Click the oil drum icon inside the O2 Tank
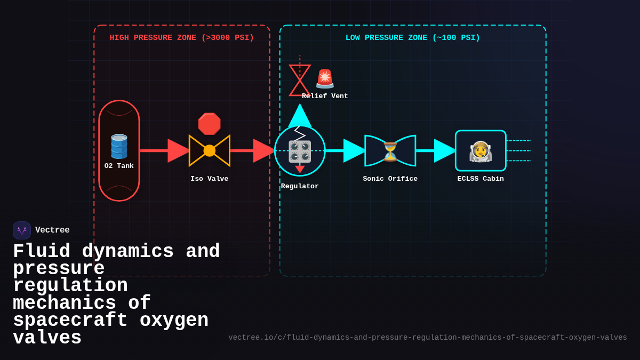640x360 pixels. click(x=119, y=146)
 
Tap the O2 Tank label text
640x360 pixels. click(x=119, y=166)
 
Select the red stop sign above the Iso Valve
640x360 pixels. click(x=209, y=124)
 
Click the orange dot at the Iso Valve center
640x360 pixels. click(x=210, y=150)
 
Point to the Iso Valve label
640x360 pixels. click(x=209, y=179)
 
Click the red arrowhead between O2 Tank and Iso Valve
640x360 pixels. click(x=178, y=150)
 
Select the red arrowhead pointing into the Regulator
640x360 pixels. click(x=263, y=150)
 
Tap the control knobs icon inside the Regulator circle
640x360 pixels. click(x=300, y=151)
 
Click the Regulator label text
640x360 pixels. click(x=300, y=186)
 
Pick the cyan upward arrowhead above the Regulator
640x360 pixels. click(x=300, y=116)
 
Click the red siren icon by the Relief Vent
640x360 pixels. click(x=325, y=78)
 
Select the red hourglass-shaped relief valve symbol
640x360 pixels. click(x=300, y=81)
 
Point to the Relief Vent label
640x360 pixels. click(x=325, y=96)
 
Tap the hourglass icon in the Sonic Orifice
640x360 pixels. click(x=390, y=151)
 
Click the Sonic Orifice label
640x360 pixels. click(x=390, y=179)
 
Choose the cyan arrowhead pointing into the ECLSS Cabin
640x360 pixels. click(x=444, y=150)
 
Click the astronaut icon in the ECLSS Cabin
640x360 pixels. click(x=481, y=151)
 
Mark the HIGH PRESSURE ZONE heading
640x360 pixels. click(x=182, y=38)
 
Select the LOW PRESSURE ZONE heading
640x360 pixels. click(x=413, y=38)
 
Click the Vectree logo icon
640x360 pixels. click(x=22, y=230)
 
